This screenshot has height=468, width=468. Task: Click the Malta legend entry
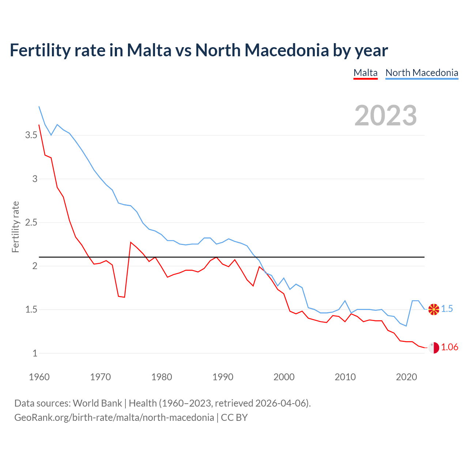365,73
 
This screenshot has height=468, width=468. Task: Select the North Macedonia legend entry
422,73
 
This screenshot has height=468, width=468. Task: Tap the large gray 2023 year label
386,116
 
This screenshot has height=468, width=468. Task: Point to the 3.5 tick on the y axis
31,135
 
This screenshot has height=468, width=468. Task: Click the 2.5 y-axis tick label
31,222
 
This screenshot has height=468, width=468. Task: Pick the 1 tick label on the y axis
35,353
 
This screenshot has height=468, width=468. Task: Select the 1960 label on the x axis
39,377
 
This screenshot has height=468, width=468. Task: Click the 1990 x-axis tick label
223,377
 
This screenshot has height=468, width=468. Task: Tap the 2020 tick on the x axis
406,377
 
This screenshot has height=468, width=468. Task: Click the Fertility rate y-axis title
15,227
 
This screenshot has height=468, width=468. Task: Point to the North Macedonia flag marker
434,309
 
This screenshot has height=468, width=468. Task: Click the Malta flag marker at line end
434,348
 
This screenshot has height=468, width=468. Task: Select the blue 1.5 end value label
447,309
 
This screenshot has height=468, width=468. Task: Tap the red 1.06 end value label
449,347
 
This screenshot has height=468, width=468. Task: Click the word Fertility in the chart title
39,50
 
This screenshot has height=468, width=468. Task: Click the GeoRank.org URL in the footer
114,418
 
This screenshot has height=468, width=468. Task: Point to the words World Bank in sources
97,403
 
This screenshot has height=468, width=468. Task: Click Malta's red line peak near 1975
131,242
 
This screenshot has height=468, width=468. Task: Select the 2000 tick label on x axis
284,377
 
